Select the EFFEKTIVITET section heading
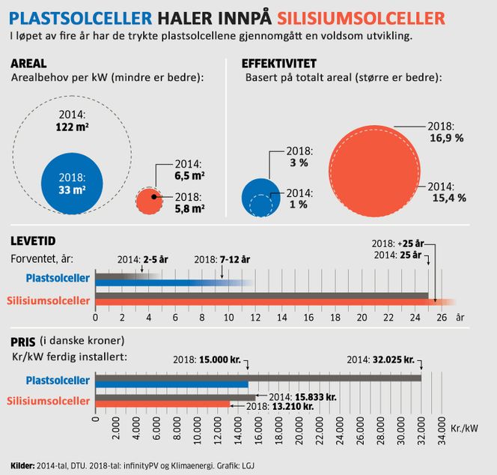278,64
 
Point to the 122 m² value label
73,128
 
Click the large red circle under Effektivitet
372,172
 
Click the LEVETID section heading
34,241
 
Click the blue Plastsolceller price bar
171,384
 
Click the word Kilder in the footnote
22,465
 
